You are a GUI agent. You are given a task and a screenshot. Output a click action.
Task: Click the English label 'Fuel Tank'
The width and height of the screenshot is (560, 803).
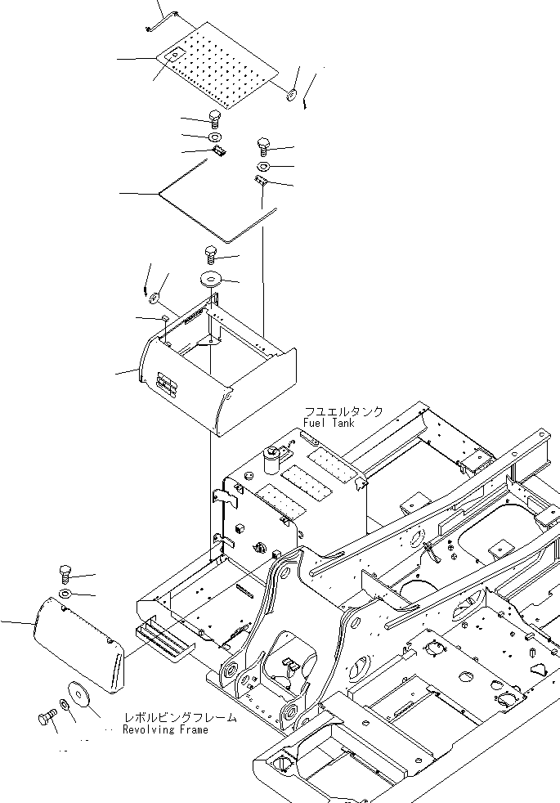329,423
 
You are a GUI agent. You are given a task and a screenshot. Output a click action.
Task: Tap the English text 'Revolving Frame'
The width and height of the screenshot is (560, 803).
165,729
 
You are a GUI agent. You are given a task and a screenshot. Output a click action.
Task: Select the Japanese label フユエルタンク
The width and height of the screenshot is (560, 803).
343,412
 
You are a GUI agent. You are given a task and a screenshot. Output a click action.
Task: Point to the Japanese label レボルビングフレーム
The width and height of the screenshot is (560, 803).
181,717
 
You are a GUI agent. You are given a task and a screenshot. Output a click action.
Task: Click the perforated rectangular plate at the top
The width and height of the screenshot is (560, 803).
217,65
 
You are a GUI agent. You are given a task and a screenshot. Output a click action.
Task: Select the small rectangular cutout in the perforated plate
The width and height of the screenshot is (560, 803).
176,54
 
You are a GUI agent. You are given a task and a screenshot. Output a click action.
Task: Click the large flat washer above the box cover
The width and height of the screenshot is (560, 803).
210,279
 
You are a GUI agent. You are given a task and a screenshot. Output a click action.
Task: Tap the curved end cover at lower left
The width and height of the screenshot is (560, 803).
78,644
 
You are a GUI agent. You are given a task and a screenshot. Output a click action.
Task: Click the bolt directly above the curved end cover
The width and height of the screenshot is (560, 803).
65,574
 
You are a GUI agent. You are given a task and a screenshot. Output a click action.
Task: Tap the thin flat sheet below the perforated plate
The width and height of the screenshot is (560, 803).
217,201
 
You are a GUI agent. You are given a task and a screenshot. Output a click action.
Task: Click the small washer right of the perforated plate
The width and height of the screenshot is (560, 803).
291,94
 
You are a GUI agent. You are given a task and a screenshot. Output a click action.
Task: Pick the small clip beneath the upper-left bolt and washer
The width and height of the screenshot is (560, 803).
218,151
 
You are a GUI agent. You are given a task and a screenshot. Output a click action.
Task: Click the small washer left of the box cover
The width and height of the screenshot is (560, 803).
154,296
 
